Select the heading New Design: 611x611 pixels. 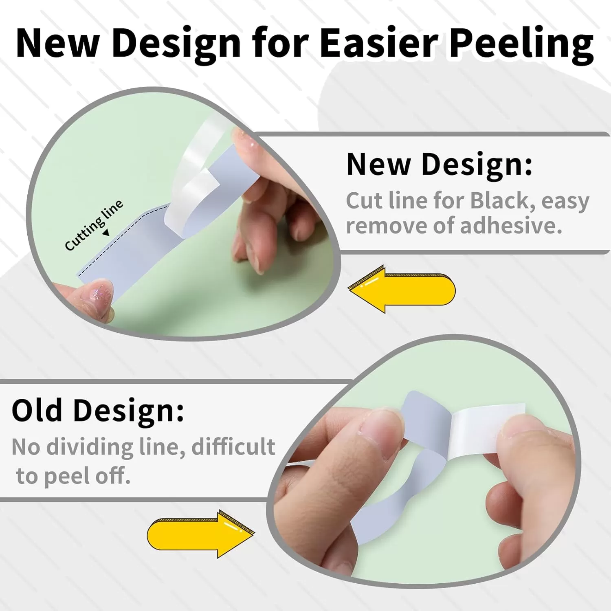(440, 165)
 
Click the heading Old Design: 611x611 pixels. (98, 411)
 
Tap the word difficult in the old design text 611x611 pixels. (233, 447)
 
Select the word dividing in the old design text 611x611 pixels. (90, 447)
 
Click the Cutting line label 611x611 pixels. (94, 225)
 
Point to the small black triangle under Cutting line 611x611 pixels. (106, 233)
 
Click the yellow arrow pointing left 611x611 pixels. (402, 289)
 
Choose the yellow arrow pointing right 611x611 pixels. (201, 534)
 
